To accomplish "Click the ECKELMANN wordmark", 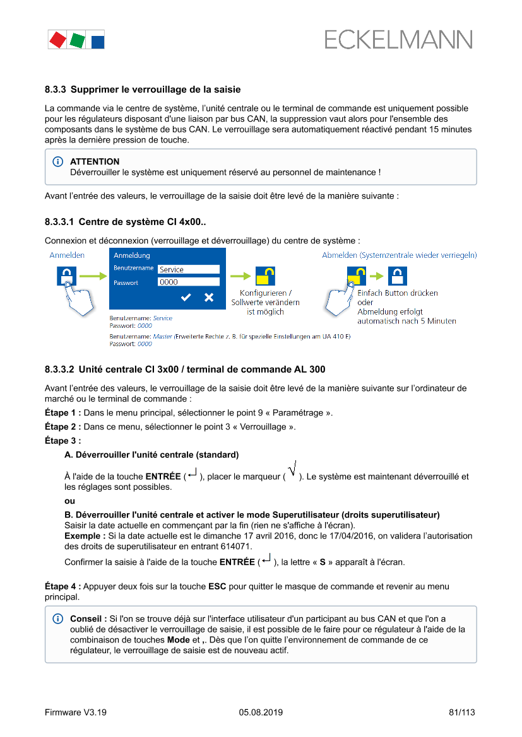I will (x=398, y=40).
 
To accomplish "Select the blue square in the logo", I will (x=98, y=42).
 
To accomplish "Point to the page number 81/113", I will (x=461, y=712).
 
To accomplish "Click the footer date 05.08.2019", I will (x=261, y=712).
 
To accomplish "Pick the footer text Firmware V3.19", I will (x=75, y=712).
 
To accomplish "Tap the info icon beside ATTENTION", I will (x=58, y=162).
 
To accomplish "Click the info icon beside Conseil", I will (x=58, y=618).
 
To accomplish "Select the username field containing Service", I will (x=188, y=269).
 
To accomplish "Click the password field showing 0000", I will (x=188, y=282).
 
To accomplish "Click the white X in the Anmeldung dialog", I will (x=209, y=297).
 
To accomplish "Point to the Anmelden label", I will (x=67, y=255).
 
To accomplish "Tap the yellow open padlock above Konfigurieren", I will (x=265, y=276).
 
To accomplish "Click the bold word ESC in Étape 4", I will (x=217, y=586).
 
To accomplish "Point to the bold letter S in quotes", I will (x=323, y=562).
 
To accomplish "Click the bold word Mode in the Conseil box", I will (x=179, y=639).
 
